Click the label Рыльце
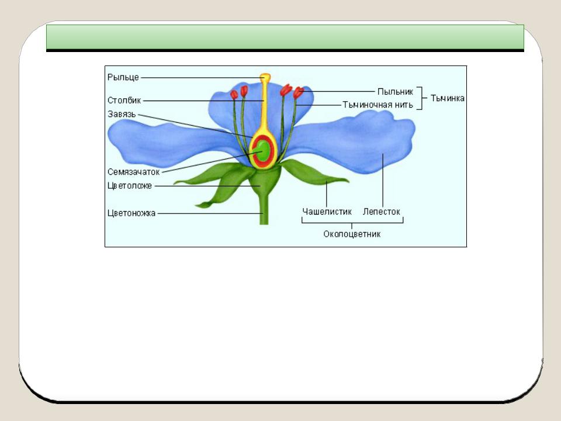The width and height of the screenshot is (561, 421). point(123,77)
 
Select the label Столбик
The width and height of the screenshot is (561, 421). point(124,100)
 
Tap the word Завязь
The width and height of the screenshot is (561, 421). point(122,114)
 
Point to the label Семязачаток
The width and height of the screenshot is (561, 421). point(133,172)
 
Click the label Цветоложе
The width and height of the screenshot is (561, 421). point(130,186)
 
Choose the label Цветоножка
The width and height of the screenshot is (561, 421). point(131,213)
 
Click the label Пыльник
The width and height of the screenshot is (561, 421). point(396,92)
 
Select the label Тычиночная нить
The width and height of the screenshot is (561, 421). point(378,105)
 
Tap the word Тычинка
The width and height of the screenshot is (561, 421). point(448,98)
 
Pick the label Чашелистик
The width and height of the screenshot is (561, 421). point(327,212)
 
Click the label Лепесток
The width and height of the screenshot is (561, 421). point(382,212)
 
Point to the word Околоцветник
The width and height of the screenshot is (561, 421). point(352,234)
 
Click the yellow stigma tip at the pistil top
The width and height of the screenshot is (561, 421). point(265,77)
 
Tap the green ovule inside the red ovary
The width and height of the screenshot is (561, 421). point(263,151)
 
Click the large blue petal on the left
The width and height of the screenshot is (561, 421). point(168,143)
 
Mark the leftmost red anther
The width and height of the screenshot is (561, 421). point(234,95)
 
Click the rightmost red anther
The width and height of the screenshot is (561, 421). point(298,93)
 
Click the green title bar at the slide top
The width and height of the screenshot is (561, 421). point(285,37)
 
